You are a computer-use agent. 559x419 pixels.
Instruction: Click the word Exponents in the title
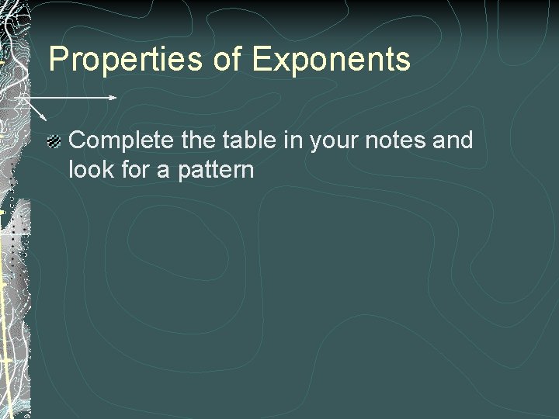point(332,59)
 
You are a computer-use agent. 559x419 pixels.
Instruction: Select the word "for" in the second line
point(134,168)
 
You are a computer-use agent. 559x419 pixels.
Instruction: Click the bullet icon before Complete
point(54,141)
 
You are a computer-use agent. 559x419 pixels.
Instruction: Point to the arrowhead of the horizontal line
point(113,98)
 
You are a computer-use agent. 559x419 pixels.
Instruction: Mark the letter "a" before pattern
point(164,170)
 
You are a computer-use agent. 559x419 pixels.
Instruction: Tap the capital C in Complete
point(78,140)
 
